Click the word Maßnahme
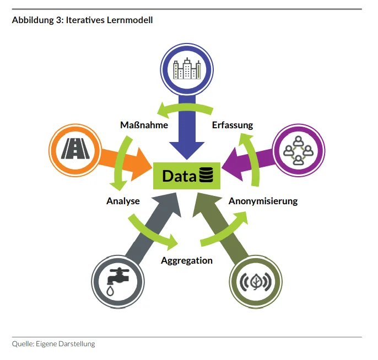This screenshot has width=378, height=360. [x=144, y=125]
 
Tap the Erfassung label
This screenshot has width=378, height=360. [x=233, y=125]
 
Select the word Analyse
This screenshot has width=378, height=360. [x=123, y=201]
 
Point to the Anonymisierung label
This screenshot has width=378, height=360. [x=263, y=201]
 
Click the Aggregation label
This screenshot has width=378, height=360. [x=187, y=260]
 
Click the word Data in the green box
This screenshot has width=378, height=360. [x=180, y=176]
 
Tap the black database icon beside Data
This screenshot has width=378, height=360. [x=206, y=175]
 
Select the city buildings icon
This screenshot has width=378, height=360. [x=187, y=69]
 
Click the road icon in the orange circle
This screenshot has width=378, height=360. [x=75, y=148]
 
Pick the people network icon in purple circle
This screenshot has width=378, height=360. [x=299, y=150]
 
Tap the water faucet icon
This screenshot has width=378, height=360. [x=118, y=281]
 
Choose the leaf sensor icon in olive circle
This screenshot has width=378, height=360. [x=256, y=282]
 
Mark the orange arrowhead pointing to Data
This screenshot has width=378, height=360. [x=142, y=165]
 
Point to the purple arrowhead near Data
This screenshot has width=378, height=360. [x=233, y=164]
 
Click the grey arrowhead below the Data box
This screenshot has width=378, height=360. [x=170, y=202]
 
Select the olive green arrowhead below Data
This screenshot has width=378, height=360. [x=204, y=203]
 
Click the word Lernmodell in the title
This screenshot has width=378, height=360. [x=129, y=20]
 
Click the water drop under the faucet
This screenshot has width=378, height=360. [x=110, y=291]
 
